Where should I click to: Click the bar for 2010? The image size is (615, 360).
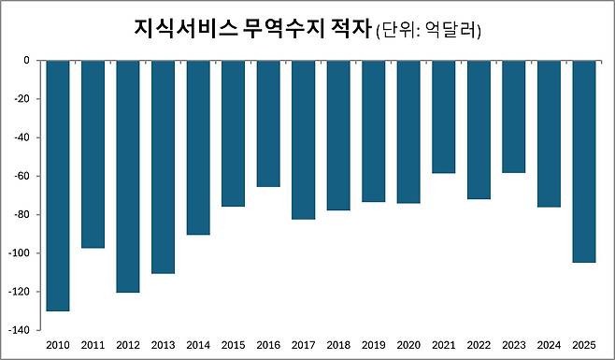click(58, 185)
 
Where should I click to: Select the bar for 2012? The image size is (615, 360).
click(128, 176)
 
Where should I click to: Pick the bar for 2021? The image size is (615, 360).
click(444, 117)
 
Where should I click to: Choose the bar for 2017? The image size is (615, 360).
click(304, 139)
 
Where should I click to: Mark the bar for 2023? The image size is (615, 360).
click(514, 117)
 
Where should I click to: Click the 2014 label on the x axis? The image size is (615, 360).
click(198, 345)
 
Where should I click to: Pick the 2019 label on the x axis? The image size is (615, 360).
click(374, 345)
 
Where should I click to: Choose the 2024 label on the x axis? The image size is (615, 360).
click(549, 345)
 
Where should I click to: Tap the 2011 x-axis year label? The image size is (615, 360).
click(93, 345)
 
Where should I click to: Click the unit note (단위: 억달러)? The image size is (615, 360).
click(428, 31)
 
